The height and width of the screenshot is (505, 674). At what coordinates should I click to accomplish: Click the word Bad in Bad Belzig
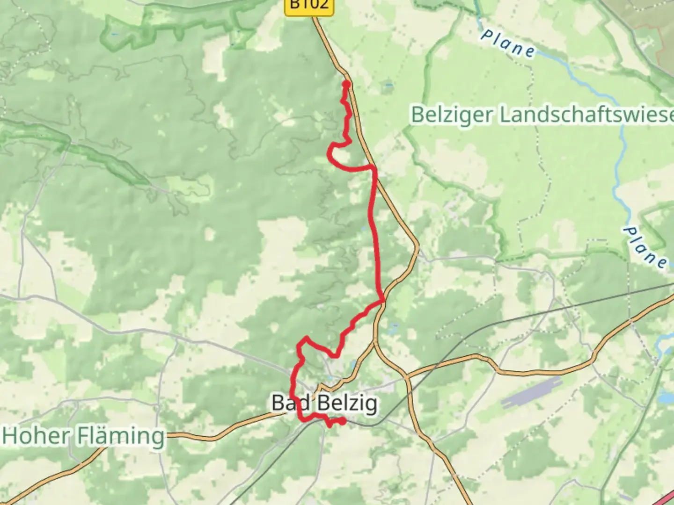coord(290,403)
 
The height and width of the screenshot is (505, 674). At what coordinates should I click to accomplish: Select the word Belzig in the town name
coord(347,403)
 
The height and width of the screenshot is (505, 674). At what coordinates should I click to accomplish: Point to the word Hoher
coord(35,436)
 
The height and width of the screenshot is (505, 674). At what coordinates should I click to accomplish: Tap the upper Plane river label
coord(508,44)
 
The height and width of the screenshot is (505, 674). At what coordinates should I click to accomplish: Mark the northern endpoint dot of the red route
coord(346,84)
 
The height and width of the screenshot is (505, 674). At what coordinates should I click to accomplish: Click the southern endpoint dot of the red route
coord(343,421)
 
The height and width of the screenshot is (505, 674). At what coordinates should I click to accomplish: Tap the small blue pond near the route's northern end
coord(388,86)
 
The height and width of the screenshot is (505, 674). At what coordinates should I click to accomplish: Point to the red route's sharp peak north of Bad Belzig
coord(306,337)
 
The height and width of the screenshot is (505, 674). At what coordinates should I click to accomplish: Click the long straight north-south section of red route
coord(375,234)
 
